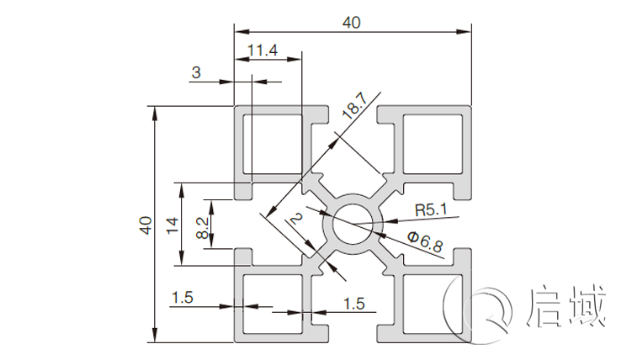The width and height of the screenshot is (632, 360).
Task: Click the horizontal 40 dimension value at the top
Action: pyautogui.click(x=352, y=23)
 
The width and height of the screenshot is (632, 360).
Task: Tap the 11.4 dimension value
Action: pyautogui.click(x=263, y=50)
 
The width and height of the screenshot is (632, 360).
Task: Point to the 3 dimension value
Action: pyautogui.click(x=196, y=73)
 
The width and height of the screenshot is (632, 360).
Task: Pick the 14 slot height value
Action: pyautogui.click(x=173, y=225)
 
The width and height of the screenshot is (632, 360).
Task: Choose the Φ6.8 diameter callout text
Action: pyautogui.click(x=425, y=243)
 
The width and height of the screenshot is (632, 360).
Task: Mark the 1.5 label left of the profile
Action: pyautogui.click(x=183, y=297)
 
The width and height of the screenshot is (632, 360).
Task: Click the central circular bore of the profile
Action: pyautogui.click(x=352, y=225)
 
